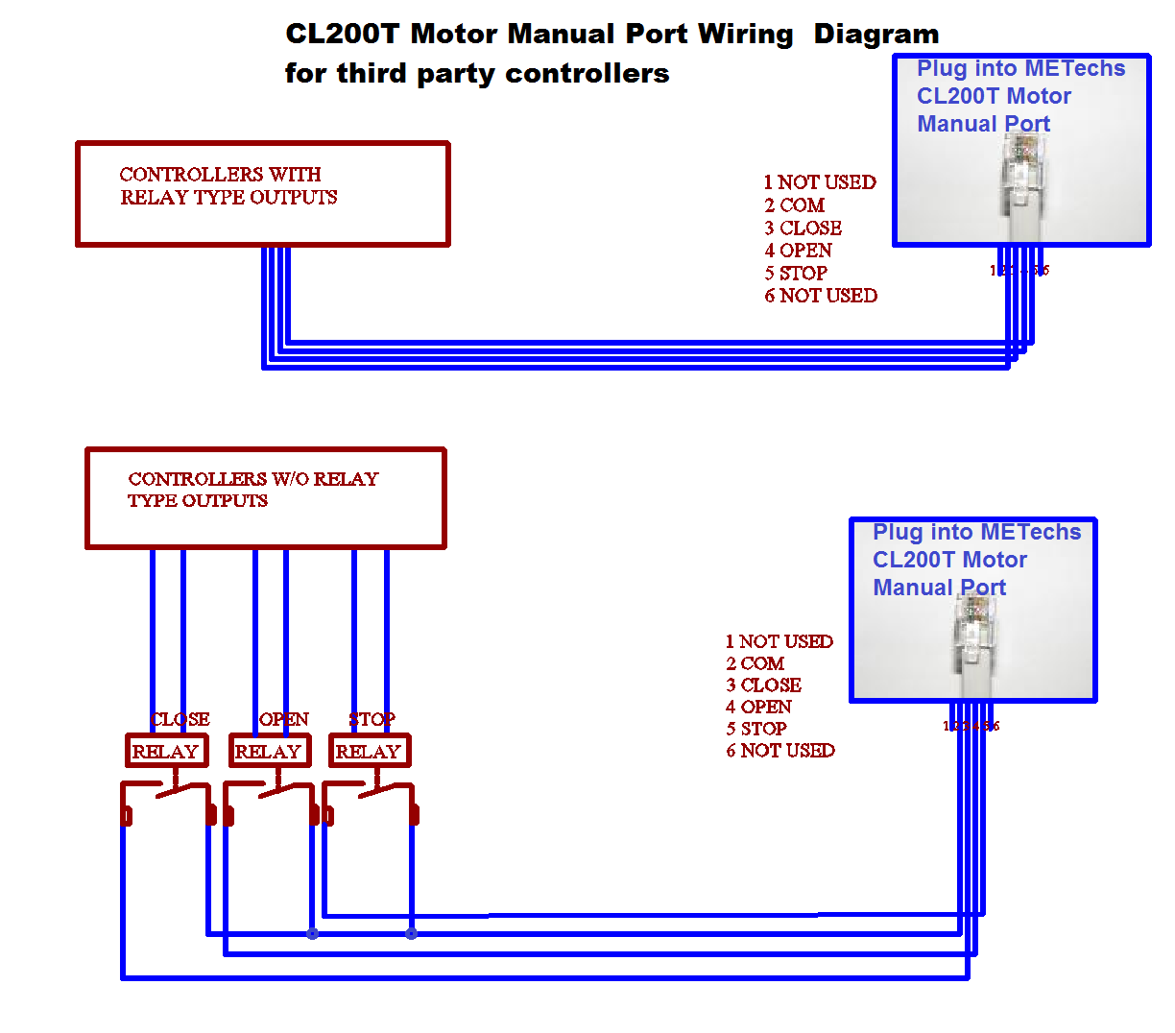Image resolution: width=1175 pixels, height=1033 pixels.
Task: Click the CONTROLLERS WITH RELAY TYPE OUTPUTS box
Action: click(x=262, y=194)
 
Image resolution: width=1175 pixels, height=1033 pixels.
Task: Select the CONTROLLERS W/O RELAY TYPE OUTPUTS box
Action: click(x=265, y=498)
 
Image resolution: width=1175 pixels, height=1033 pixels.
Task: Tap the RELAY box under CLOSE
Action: click(x=166, y=751)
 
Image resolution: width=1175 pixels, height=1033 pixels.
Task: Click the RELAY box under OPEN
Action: click(x=269, y=751)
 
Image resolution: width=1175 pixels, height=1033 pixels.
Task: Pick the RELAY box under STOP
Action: click(x=369, y=751)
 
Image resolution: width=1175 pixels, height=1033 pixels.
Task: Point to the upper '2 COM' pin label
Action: click(x=794, y=205)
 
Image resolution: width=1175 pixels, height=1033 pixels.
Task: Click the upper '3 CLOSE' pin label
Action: click(x=803, y=228)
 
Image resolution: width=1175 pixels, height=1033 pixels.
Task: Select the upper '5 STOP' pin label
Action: click(x=796, y=274)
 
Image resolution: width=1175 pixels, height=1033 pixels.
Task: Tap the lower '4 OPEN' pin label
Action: click(x=758, y=708)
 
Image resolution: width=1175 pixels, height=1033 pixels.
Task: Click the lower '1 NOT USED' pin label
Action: click(x=779, y=641)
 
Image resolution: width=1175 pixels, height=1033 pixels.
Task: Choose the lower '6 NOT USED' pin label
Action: click(x=779, y=751)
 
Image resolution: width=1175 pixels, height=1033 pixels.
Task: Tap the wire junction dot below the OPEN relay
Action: click(x=312, y=933)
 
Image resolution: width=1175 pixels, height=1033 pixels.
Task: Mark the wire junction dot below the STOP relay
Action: click(x=411, y=933)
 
